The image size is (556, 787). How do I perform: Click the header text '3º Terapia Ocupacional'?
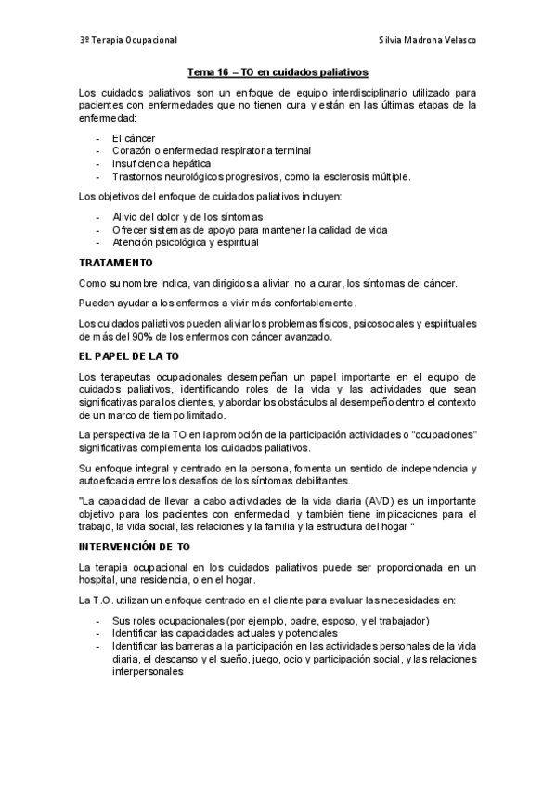pos(128,40)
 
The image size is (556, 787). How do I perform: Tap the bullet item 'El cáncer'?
pos(133,137)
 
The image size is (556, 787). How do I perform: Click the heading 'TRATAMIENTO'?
pos(115,263)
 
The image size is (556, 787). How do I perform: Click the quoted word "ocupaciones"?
pos(442,435)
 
